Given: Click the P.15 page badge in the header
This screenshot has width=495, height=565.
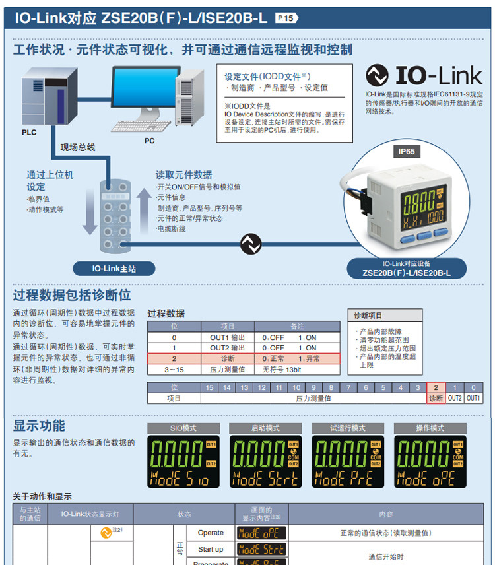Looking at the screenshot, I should (x=287, y=18).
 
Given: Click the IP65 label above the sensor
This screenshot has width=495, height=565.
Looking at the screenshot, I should (x=407, y=152).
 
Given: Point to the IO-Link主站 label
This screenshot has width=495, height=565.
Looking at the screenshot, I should (x=114, y=269).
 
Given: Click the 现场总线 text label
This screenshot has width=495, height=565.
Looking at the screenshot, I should (x=78, y=147).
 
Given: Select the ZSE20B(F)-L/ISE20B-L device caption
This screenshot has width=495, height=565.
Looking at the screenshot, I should (x=407, y=273).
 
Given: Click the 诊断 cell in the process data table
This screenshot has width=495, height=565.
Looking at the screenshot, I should (x=227, y=358).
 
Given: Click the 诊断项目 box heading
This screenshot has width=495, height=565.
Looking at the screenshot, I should (x=368, y=316).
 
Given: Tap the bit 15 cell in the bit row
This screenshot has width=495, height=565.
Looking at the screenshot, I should (x=210, y=387).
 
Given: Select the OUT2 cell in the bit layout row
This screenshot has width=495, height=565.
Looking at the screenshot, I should (x=455, y=398).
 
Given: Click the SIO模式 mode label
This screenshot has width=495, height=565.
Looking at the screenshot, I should (x=183, y=428).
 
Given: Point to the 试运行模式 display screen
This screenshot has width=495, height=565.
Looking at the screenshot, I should (x=347, y=461).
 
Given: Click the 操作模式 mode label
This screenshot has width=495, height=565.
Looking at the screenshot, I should (x=430, y=428).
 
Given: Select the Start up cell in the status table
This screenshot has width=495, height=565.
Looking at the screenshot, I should (x=211, y=549).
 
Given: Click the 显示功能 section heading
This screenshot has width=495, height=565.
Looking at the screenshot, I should (x=40, y=425).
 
